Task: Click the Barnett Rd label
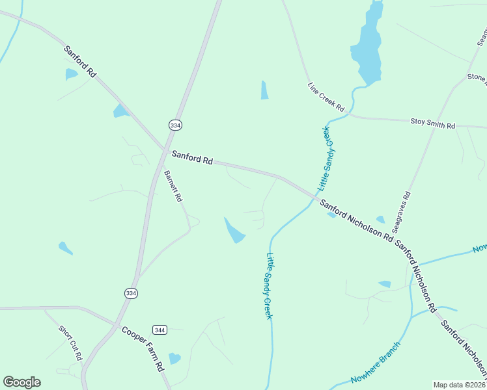[173, 187]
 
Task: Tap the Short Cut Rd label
[70, 343]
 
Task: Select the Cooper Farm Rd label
[143, 348]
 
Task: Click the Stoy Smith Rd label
[432, 123]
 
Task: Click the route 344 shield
[160, 330]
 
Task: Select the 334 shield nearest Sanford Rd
[174, 125]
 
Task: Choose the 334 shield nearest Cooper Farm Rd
[131, 293]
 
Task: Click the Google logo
[21, 382]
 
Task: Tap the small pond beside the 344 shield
[174, 358]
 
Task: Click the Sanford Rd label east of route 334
[192, 157]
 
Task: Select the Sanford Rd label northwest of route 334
[80, 62]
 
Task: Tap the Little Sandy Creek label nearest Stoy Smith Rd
[325, 158]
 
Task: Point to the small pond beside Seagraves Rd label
[380, 220]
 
